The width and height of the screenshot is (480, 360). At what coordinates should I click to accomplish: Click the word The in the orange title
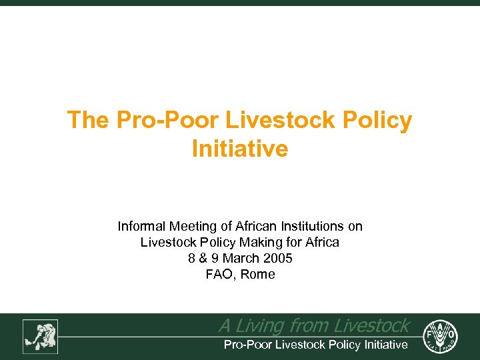tap(88, 121)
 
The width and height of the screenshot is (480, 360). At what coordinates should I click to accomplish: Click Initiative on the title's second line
tap(240, 148)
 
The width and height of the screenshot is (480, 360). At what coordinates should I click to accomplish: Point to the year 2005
tap(278, 259)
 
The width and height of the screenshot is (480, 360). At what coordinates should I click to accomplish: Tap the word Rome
tap(257, 275)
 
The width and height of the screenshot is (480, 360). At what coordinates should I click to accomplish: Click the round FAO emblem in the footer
tap(441, 335)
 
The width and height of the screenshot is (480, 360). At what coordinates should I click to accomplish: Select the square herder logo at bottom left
tap(41, 336)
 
